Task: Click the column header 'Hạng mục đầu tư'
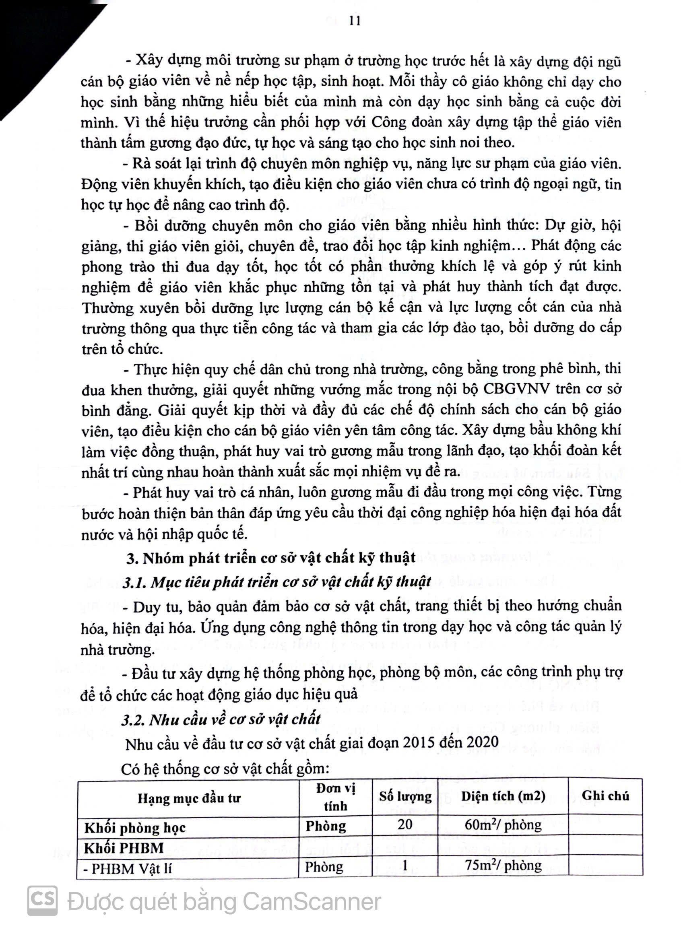[x=189, y=798]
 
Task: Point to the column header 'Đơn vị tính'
[x=336, y=798]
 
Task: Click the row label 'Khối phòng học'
[x=135, y=828]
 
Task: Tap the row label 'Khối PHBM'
[x=124, y=848]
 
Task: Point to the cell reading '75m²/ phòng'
[x=503, y=866]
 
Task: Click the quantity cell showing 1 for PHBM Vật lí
[x=405, y=866]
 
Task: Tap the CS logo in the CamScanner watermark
[x=42, y=900]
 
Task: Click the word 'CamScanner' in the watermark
[x=312, y=902]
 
